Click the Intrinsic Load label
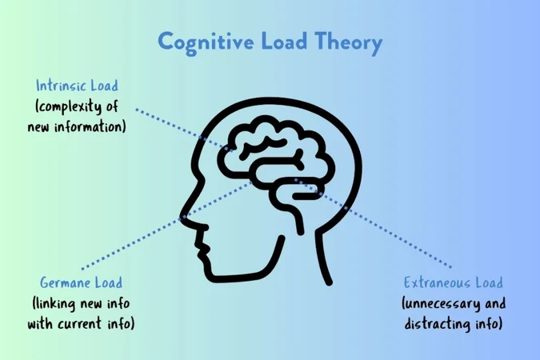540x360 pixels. pos(76,85)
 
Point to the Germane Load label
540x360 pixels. pos(82,282)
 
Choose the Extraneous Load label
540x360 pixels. pos(454,282)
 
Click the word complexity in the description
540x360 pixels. pos(74,106)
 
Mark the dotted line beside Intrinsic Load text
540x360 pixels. pos(160,117)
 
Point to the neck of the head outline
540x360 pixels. pos(316,256)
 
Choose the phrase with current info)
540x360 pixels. pos(81,324)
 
